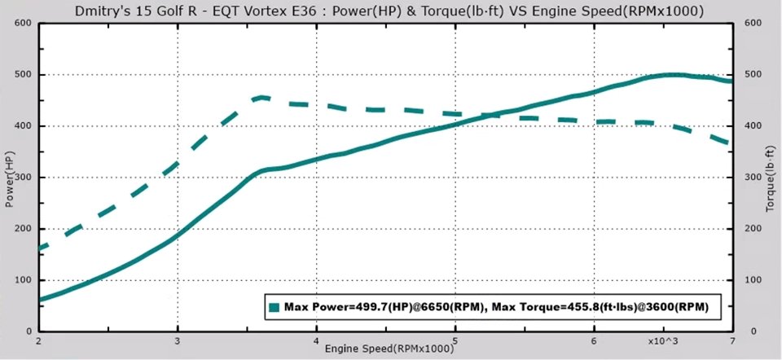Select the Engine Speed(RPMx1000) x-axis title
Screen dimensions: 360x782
(389, 349)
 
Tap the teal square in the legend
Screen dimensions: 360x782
(275, 307)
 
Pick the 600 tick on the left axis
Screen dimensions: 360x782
(23, 23)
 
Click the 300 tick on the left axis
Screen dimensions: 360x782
(23, 178)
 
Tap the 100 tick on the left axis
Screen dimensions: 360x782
(23, 280)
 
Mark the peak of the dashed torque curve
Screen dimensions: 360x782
(261, 97)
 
